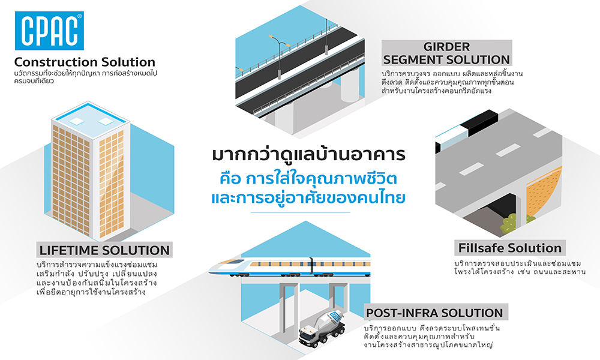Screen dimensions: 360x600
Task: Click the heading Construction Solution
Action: coord(85,62)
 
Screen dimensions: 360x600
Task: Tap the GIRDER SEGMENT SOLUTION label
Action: coord(446,53)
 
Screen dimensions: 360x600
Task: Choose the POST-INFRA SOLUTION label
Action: coord(435,313)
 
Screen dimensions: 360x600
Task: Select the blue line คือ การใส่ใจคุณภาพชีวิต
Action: coord(299,178)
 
